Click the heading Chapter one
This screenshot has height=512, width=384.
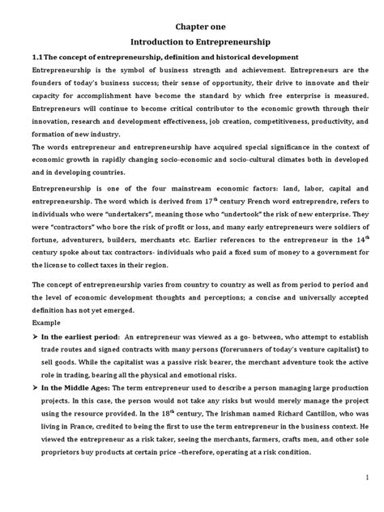point(193,23)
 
